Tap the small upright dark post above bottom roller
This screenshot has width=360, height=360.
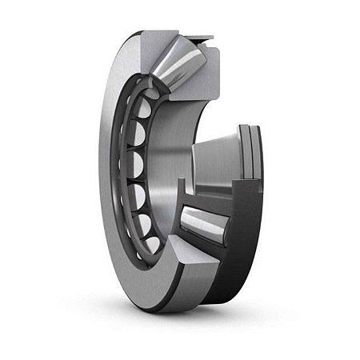pyautogui.click(x=181, y=192)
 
